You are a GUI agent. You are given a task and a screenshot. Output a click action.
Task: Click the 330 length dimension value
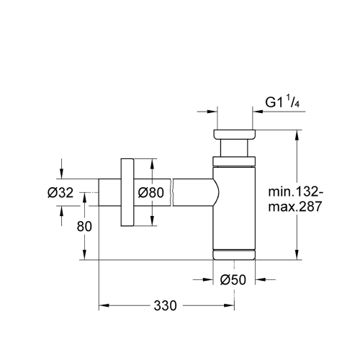pos(165,305)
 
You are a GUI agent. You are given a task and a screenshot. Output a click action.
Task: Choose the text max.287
pos(294,206)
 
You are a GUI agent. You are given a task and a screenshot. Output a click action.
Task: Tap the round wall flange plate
pos(128,192)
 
